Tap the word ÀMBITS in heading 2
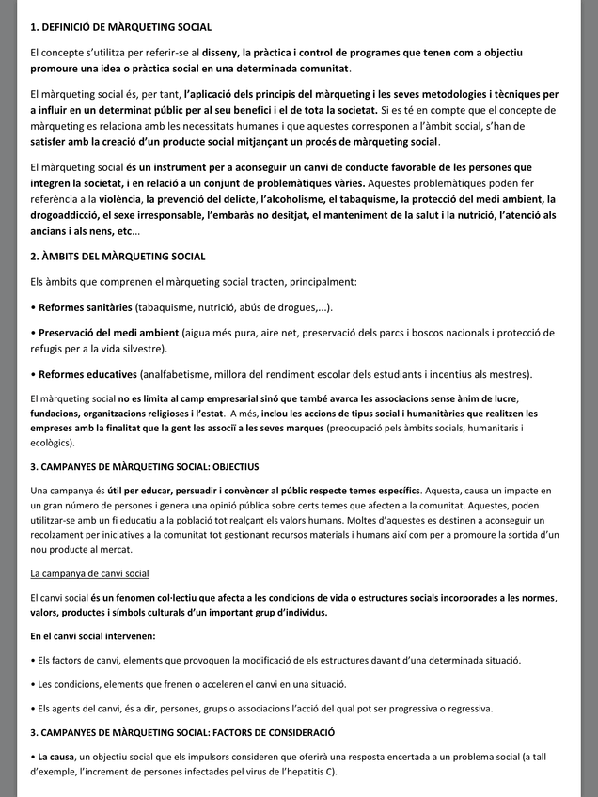click(x=65, y=257)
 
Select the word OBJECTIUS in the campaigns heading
click(x=228, y=467)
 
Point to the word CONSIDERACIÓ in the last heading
click(x=289, y=731)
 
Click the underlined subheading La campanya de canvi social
click(x=89, y=573)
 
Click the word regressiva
click(x=462, y=708)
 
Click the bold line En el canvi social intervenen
click(x=93, y=636)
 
